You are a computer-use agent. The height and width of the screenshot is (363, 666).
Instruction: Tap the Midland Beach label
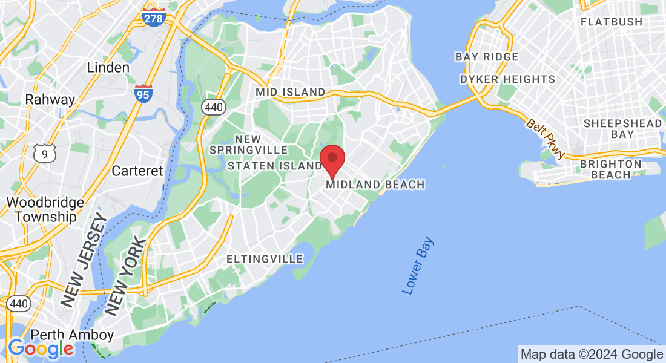375,185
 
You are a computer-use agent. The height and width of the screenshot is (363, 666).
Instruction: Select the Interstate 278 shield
153,18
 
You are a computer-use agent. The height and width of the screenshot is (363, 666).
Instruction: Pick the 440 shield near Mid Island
214,108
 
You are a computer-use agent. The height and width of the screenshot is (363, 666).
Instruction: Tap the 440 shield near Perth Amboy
19,303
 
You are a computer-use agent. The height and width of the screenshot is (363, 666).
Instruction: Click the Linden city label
108,68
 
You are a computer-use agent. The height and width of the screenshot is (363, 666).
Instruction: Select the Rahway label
50,100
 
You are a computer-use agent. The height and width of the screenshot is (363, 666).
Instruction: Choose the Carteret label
137,171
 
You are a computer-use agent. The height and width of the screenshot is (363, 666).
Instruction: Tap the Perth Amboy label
72,335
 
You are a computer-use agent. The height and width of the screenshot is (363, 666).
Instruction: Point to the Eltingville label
265,259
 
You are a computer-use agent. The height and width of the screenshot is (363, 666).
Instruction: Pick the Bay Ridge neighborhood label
487,57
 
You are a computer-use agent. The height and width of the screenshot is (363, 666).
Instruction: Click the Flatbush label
611,22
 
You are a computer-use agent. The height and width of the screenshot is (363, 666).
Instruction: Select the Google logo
41,348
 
